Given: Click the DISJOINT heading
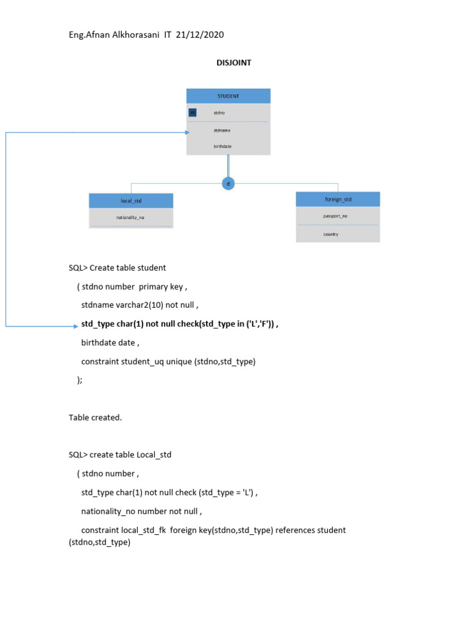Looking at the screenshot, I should pos(233,63).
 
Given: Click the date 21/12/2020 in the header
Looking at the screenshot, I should pos(199,35).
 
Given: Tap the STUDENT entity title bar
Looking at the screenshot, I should pos(228,96).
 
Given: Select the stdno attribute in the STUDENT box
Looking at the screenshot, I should pos(219,113).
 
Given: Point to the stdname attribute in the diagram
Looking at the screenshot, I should pos(222,130).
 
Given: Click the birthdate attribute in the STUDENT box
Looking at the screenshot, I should pos(222,147).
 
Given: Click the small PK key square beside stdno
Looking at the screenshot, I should pos(193,113).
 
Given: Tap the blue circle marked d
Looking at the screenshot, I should pos(228,183).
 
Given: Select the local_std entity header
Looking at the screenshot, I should pos(131,201).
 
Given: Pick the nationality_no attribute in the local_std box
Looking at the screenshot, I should pos(130,217).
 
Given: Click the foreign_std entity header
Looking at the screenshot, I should pos(338,200).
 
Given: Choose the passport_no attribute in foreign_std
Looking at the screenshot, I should pos(335,216).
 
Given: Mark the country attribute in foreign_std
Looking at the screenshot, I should pos(331,234).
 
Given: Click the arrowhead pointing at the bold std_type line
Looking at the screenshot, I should pos(75,327).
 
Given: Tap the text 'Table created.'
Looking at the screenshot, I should pos(96,417).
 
